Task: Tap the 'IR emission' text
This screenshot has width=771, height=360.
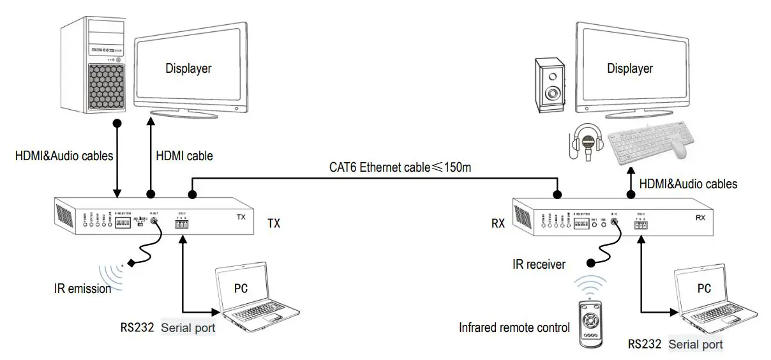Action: (x=82, y=289)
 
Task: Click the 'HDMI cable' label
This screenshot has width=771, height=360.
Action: (x=184, y=155)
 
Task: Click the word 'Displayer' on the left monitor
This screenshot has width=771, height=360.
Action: (x=188, y=68)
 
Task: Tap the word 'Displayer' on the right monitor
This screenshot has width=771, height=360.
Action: (x=630, y=68)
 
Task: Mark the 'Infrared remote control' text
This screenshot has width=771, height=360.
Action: (x=514, y=327)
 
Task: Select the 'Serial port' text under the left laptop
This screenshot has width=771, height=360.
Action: (x=188, y=328)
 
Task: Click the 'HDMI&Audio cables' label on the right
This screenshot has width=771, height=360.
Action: (x=688, y=184)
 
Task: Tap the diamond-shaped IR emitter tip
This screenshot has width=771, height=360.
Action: (x=131, y=262)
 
